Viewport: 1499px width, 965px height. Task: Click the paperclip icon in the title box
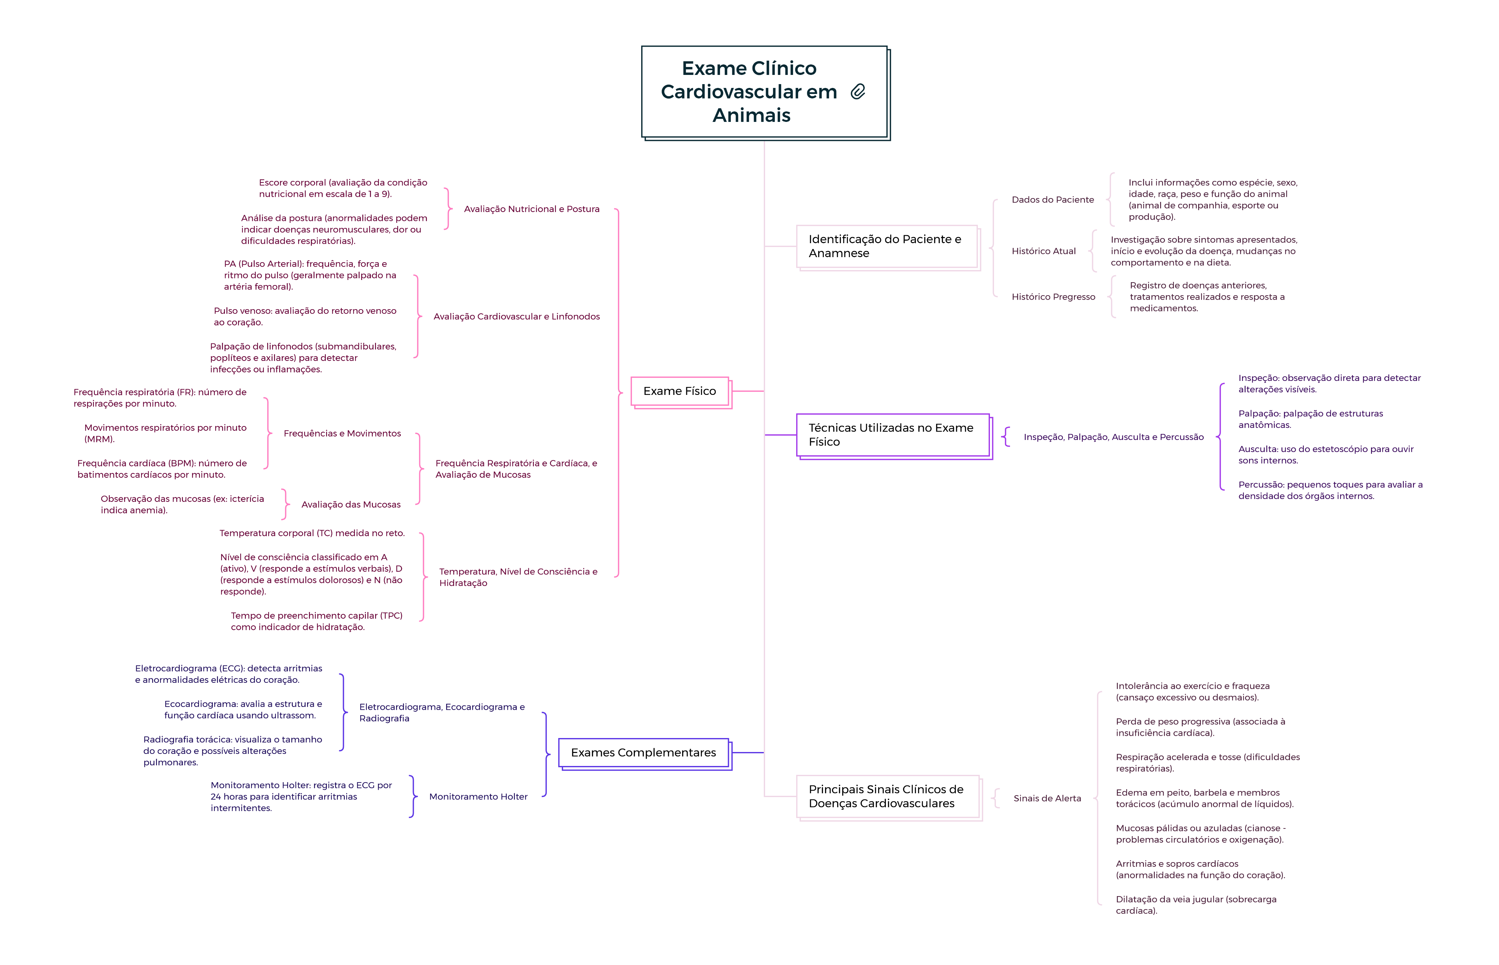(858, 92)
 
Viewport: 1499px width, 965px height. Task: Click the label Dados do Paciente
(1052, 200)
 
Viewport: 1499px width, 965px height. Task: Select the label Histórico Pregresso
(1053, 297)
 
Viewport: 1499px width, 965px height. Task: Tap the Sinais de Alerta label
(1047, 798)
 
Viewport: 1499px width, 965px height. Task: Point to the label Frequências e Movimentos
(342, 434)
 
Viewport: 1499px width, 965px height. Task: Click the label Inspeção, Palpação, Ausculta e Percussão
(1113, 437)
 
